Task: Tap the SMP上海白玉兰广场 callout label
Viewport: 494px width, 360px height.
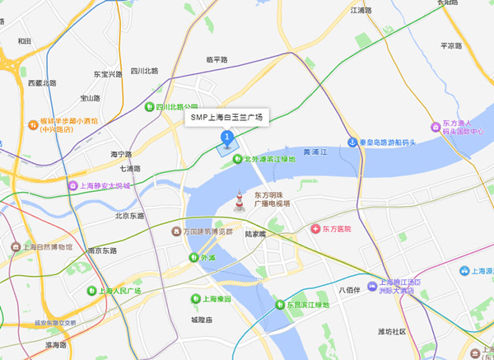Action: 226,118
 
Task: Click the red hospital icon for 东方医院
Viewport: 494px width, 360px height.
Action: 315,228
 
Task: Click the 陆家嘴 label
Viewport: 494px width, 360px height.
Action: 255,234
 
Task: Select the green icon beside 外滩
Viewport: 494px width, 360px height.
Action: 194,258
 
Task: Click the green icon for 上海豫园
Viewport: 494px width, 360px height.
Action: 195,298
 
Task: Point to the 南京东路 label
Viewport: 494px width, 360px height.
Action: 101,250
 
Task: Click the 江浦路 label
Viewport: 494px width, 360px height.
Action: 361,11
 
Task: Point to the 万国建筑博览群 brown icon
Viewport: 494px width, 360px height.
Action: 175,231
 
